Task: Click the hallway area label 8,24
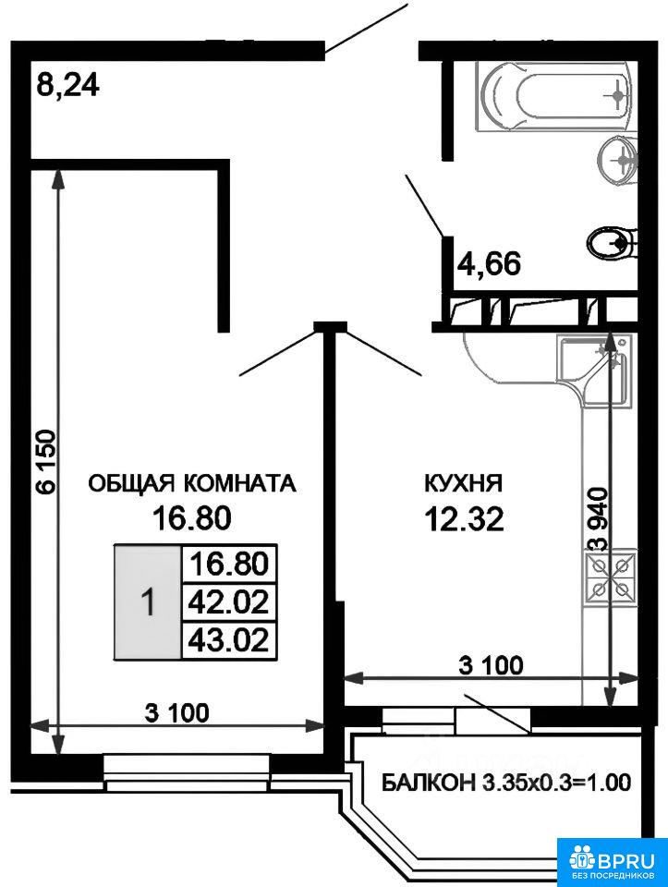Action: click(x=67, y=85)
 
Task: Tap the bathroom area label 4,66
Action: click(x=488, y=263)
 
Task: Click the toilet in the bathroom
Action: click(x=612, y=244)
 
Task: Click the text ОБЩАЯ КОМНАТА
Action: click(x=192, y=483)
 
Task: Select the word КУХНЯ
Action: click(x=463, y=483)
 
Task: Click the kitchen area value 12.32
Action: click(x=464, y=519)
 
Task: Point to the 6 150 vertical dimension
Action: click(x=46, y=462)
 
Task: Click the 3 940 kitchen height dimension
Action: click(x=598, y=518)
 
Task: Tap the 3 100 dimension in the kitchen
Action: click(x=491, y=665)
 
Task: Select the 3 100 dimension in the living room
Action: click(x=177, y=712)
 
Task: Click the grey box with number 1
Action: click(x=148, y=601)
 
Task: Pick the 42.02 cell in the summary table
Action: click(x=228, y=601)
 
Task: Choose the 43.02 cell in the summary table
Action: click(x=228, y=640)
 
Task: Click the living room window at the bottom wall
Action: click(x=187, y=772)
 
